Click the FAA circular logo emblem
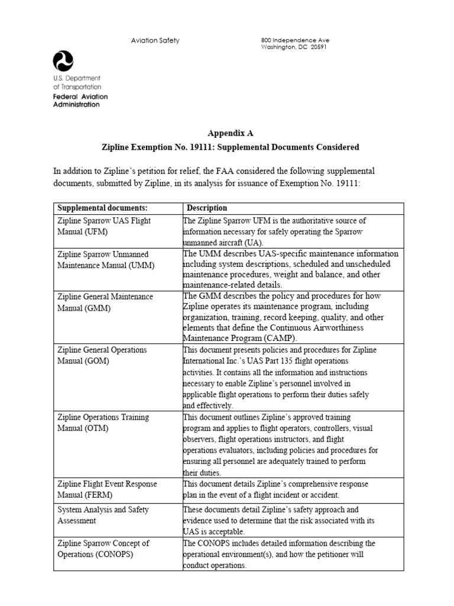point(63,61)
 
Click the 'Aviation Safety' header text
point(155,40)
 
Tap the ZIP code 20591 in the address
point(319,47)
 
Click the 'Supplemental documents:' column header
point(102,208)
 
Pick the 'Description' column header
point(206,208)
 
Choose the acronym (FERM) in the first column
point(99,495)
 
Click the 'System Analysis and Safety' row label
point(103,510)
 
